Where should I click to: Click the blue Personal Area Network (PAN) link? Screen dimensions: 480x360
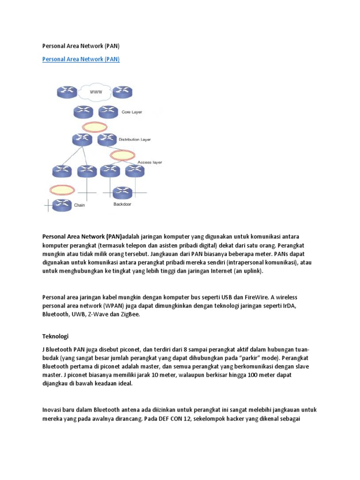(81, 59)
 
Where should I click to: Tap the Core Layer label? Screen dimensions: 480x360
(132, 112)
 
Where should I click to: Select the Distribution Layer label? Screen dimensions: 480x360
(135, 140)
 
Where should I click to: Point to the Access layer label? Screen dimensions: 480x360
(150, 162)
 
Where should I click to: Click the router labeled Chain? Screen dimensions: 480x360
(62, 204)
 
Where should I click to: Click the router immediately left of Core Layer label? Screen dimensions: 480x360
(108, 112)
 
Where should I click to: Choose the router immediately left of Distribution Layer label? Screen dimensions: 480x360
(107, 139)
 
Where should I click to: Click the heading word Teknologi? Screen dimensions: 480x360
(56, 337)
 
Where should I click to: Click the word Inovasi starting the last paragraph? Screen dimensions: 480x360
(53, 410)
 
